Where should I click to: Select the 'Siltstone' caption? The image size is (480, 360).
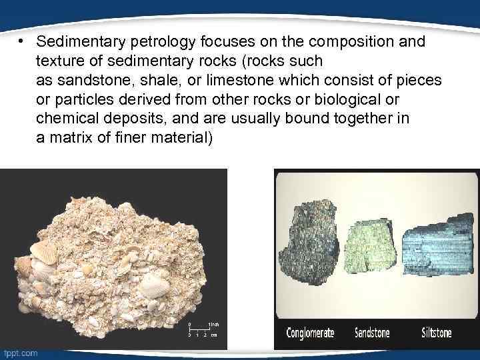click(x=437, y=333)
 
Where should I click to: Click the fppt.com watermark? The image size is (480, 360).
click(x=20, y=353)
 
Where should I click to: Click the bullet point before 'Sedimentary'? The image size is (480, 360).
click(x=21, y=42)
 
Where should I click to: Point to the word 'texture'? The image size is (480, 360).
click(x=57, y=61)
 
